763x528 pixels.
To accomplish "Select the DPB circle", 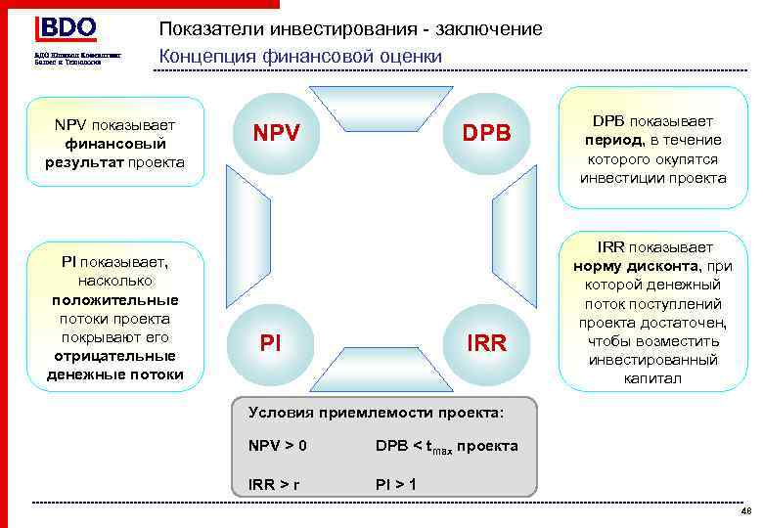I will pyautogui.click(x=486, y=132).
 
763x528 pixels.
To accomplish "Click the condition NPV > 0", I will pyautogui.click(x=278, y=446).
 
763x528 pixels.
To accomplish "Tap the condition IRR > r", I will pyautogui.click(x=274, y=482).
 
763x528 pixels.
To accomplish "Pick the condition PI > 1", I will pyautogui.click(x=395, y=482).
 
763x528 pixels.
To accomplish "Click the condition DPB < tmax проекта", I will pyautogui.click(x=446, y=447).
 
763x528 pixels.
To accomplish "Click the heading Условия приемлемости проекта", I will pyautogui.click(x=377, y=413).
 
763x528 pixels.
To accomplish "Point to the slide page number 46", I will pyautogui.click(x=746, y=511).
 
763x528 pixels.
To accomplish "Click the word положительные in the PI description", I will pyautogui.click(x=114, y=299).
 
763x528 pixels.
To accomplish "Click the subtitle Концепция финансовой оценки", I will pyautogui.click(x=301, y=57).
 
